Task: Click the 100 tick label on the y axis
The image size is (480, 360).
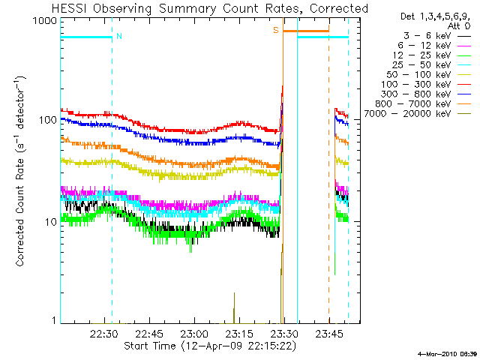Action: tap(46, 120)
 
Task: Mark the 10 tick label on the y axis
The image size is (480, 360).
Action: tap(49, 222)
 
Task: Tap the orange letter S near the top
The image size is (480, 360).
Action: tap(276, 30)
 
